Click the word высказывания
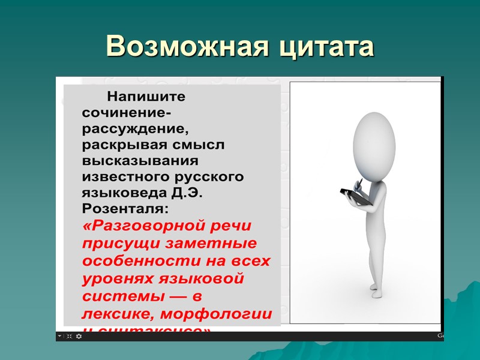pyautogui.click(x=140, y=161)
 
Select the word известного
pyautogui.click(x=124, y=177)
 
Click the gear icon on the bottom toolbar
pyautogui.click(x=79, y=337)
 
